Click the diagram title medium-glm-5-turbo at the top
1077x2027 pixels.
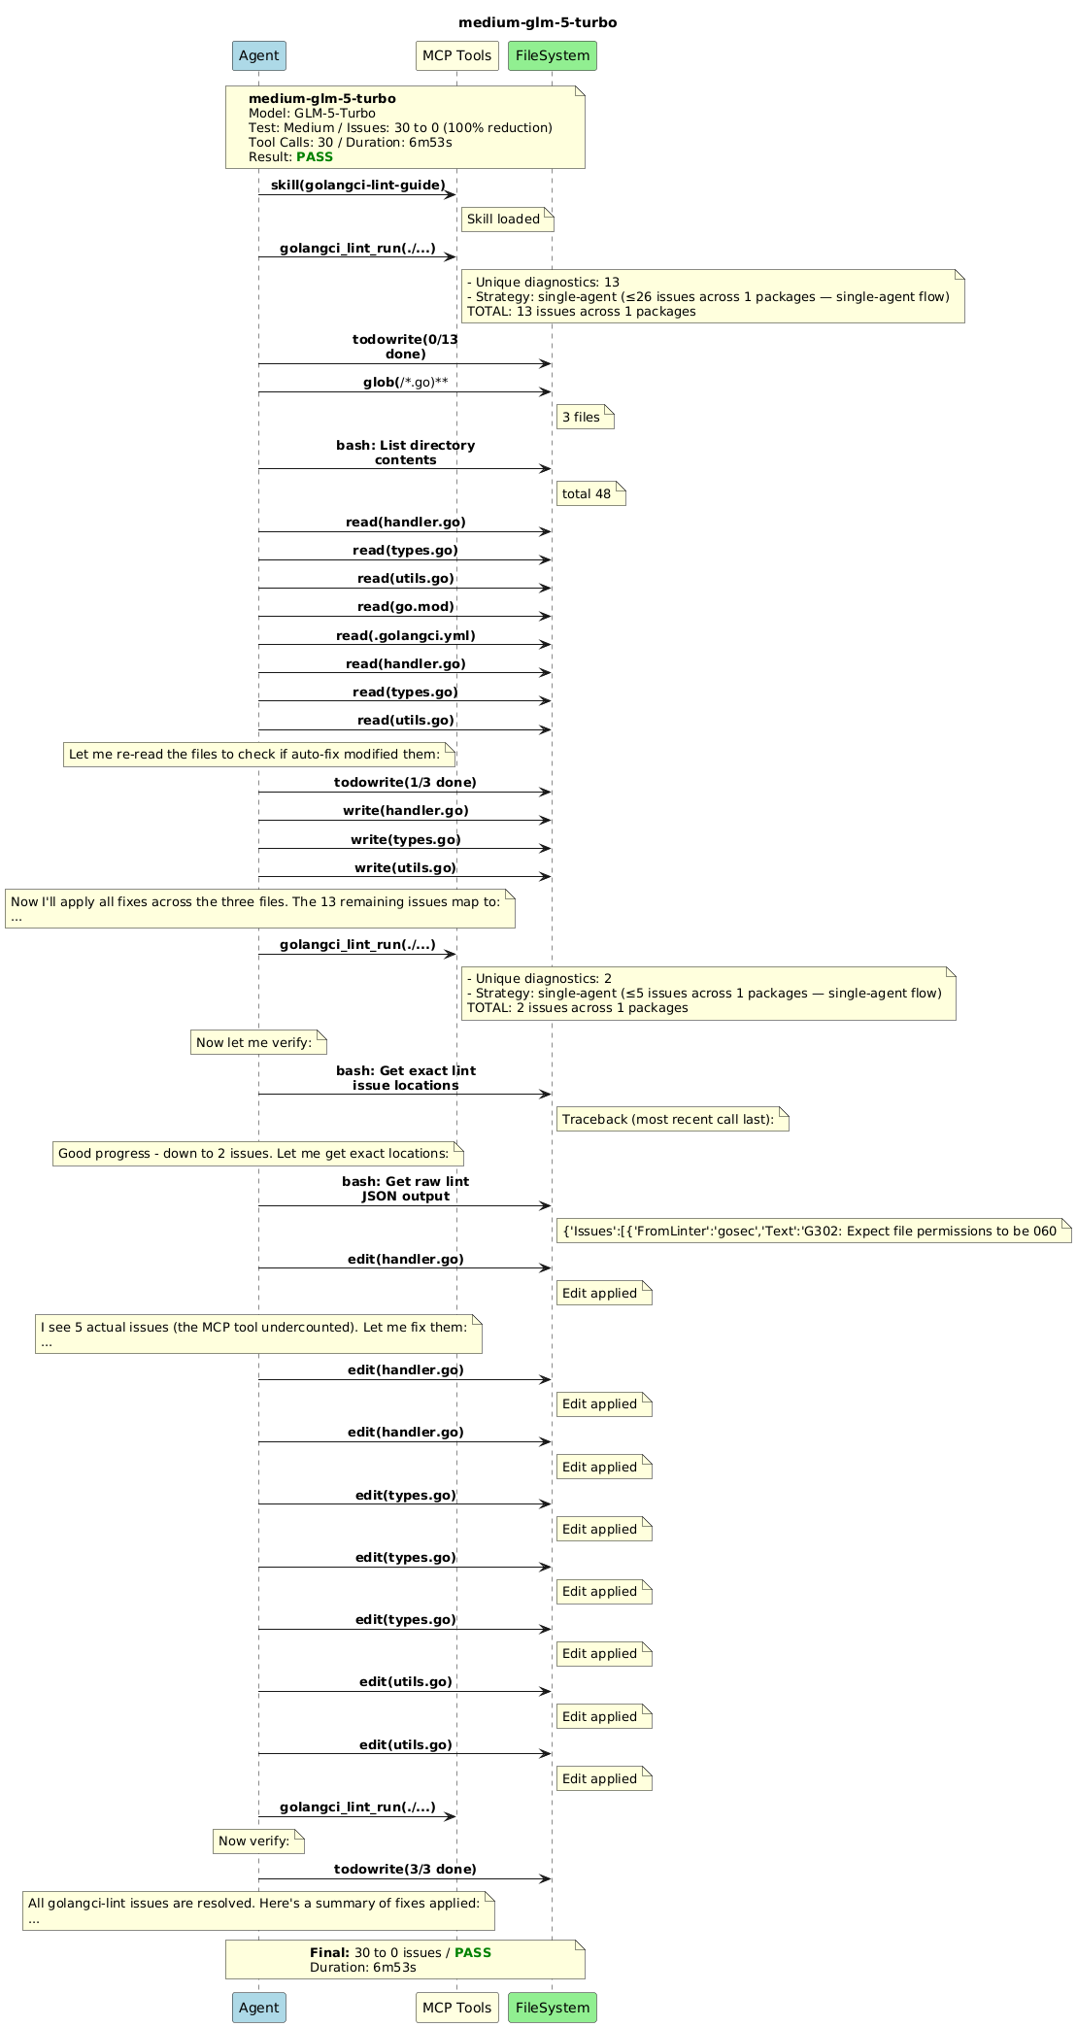537,22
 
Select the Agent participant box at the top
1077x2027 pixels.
259,55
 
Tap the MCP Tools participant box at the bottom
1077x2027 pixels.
456,2007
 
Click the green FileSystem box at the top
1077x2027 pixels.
553,55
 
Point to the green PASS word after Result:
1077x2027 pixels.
315,156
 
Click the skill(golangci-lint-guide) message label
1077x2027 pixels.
357,185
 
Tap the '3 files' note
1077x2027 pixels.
586,418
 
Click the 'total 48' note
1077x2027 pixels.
590,494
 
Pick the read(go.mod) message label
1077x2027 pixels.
406,606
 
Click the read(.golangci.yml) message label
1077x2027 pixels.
406,635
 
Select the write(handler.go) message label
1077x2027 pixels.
406,810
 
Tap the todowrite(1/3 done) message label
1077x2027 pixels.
406,782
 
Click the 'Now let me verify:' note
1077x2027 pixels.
258,1043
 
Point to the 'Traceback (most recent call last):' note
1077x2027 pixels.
673,1120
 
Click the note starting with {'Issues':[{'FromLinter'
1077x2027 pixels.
814,1232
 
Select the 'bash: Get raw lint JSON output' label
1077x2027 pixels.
406,1189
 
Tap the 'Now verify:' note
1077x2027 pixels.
258,1841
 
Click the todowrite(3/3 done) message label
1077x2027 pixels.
406,1869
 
